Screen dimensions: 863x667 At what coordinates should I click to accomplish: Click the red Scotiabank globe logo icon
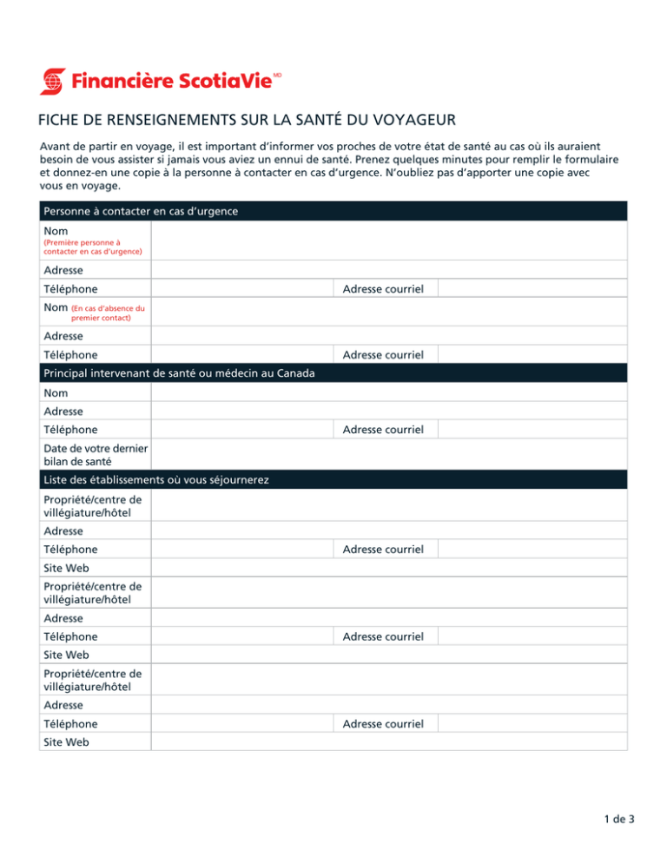click(x=53, y=82)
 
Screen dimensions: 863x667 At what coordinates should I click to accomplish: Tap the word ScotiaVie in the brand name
click(x=228, y=82)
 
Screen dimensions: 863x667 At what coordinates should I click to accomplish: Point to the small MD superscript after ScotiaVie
click(x=278, y=76)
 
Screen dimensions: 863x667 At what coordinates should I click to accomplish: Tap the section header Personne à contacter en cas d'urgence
click(x=140, y=211)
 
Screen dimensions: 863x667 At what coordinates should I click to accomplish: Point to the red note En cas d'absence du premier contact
click(x=107, y=313)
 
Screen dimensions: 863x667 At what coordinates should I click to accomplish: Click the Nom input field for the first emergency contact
click(x=388, y=240)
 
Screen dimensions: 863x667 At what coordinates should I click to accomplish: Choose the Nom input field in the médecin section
click(x=388, y=392)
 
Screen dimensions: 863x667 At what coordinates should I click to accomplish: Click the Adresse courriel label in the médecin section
click(x=383, y=430)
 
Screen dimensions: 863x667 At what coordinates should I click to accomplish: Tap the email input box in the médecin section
click(x=531, y=430)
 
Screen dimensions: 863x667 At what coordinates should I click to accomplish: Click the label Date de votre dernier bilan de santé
click(x=95, y=454)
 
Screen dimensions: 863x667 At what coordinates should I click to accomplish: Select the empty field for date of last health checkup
click(x=388, y=454)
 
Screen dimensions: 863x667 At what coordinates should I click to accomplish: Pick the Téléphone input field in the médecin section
click(x=241, y=430)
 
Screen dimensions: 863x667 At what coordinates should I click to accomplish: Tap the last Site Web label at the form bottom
click(x=65, y=742)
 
